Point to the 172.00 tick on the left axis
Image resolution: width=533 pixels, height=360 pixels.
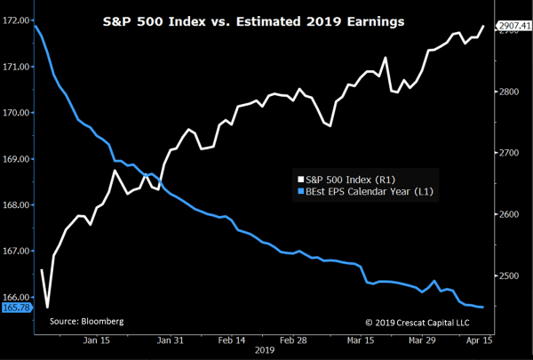pyautogui.click(x=16, y=20)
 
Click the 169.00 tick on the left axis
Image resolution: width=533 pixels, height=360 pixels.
pyautogui.click(x=16, y=159)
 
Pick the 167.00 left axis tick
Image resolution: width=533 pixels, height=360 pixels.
pyautogui.click(x=16, y=251)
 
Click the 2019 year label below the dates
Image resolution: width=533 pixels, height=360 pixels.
pyautogui.click(x=265, y=352)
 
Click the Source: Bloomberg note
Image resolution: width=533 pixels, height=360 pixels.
pyautogui.click(x=86, y=320)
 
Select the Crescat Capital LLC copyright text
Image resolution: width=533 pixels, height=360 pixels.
pyautogui.click(x=417, y=320)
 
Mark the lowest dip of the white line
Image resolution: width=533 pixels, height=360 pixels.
pyautogui.click(x=47, y=307)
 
